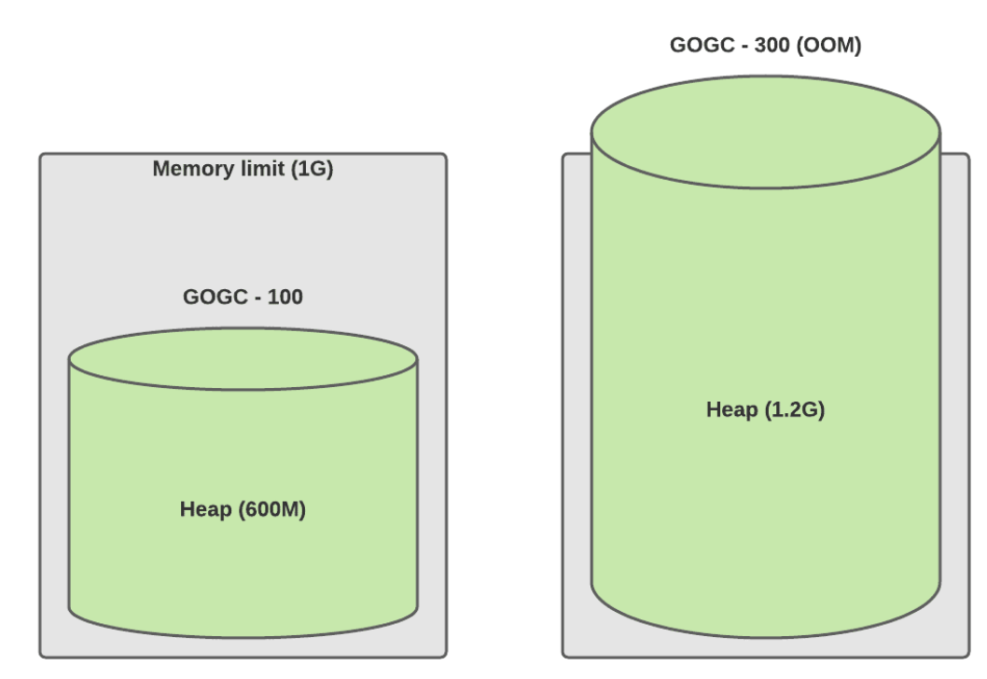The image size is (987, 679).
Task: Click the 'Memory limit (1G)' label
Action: pos(243,169)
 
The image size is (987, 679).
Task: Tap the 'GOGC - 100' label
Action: pos(243,297)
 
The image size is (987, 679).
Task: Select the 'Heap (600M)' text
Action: pos(243,509)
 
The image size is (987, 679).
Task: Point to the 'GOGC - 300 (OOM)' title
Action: pos(765,46)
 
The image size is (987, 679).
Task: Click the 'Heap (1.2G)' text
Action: pos(765,409)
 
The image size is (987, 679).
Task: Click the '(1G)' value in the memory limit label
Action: pos(313,169)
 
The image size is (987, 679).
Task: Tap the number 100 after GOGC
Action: pos(285,297)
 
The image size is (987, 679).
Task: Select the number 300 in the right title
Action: pos(772,46)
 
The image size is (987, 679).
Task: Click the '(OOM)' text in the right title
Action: pos(829,46)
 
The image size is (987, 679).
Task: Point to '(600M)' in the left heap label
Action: pos(272,509)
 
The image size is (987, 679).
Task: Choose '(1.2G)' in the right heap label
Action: pos(795,409)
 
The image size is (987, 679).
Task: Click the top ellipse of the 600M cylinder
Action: pos(243,359)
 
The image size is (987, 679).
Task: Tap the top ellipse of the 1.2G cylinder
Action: pos(765,132)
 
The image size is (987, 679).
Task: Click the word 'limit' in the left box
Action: pos(263,169)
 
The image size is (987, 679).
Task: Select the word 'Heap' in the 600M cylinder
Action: pos(206,509)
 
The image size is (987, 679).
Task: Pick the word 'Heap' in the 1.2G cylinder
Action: pos(732,409)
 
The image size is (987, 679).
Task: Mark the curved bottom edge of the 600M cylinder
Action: pos(243,637)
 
